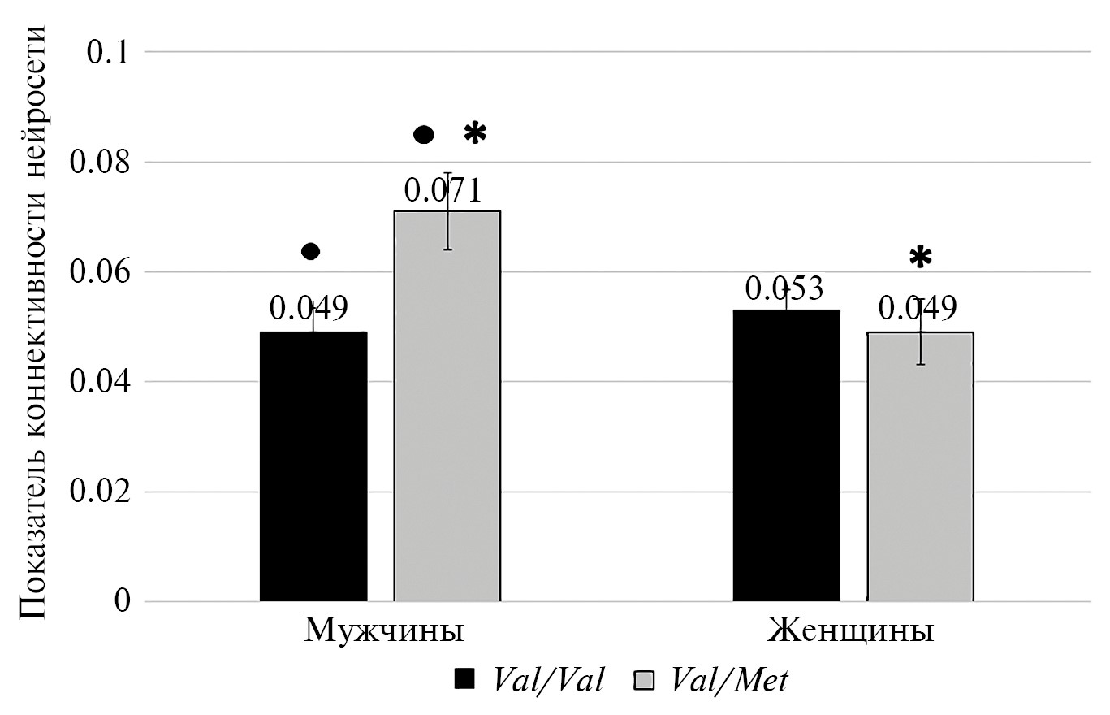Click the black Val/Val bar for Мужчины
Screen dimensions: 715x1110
(x=313, y=466)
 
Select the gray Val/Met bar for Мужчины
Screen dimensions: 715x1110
(x=447, y=406)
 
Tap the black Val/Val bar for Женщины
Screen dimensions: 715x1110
(x=786, y=455)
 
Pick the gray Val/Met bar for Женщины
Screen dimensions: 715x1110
(x=920, y=466)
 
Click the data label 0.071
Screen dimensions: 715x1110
(x=443, y=192)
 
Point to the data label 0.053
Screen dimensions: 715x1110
(x=784, y=289)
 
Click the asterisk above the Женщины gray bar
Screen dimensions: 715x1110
(x=920, y=258)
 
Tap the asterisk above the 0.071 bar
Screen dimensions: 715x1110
(x=474, y=135)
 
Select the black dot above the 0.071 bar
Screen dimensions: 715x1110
(x=424, y=135)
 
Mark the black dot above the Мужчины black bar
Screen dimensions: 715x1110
(x=311, y=251)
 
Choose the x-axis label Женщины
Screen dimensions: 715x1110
(x=850, y=631)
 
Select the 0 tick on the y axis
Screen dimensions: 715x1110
(x=122, y=602)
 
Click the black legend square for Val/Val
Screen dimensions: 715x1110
(x=464, y=681)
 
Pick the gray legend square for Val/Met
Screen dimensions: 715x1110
(x=644, y=681)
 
